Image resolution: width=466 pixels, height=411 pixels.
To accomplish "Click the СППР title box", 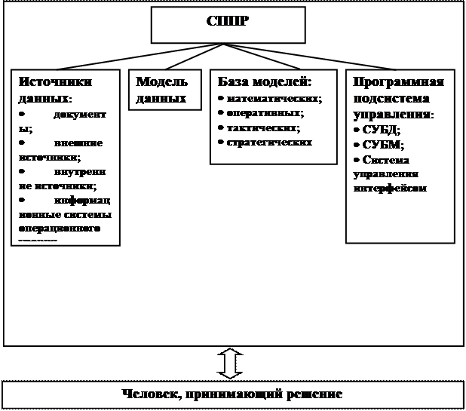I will click(228, 24).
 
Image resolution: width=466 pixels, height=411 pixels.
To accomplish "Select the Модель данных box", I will click(161, 90).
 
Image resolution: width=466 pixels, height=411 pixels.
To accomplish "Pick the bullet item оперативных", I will click(265, 113).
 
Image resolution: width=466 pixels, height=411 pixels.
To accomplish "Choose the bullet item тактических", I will click(263, 127).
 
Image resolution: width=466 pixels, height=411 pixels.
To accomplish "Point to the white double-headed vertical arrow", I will click(231, 363).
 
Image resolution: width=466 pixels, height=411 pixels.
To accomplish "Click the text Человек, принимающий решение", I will click(232, 394).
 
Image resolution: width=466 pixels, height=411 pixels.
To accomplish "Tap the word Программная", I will click(398, 82).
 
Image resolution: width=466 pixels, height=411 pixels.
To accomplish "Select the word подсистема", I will click(391, 99).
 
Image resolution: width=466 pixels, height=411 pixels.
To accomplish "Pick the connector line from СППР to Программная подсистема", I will click(317, 57).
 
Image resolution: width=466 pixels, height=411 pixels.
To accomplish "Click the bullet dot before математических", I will click(219, 99).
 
